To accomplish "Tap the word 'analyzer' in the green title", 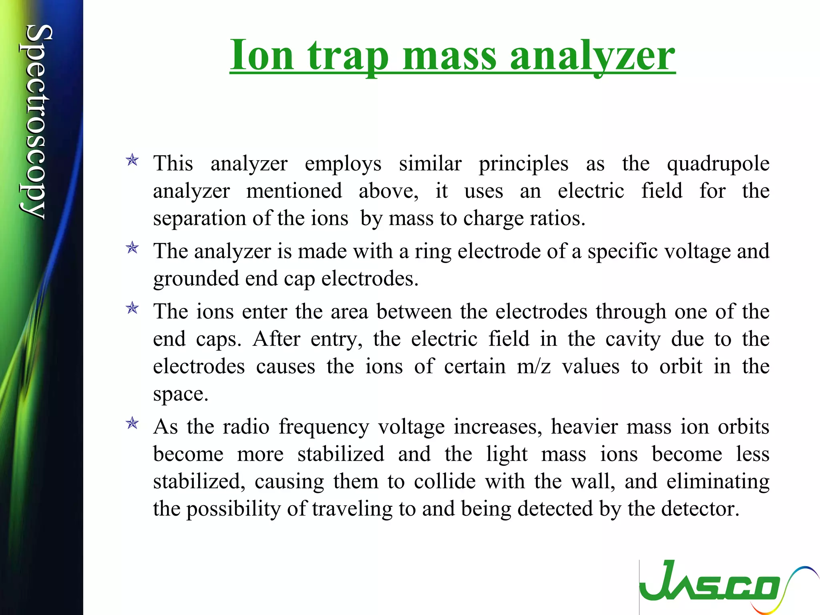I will pos(593,56).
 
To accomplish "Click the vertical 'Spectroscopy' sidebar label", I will pos(37,122).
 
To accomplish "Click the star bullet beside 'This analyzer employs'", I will pos(132,161).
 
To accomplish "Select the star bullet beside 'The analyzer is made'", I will pos(132,248).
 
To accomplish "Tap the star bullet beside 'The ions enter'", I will pos(132,308).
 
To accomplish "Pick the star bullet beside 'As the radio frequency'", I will pos(132,424).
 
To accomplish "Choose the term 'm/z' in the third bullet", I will pos(534,367).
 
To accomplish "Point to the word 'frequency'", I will pos(324,427).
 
